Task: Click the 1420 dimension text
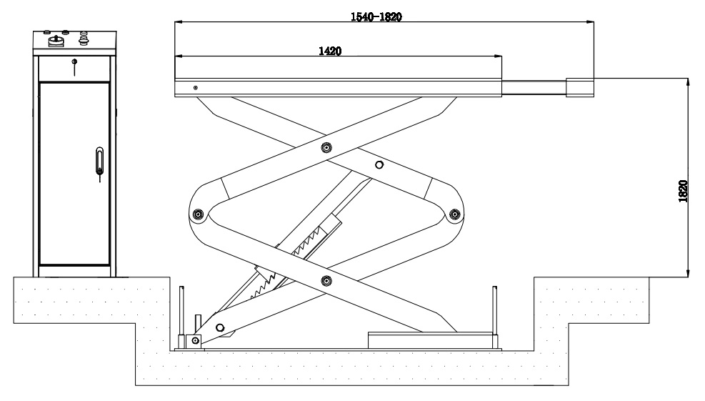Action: point(329,51)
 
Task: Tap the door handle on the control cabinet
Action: point(99,160)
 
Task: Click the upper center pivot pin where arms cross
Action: point(326,148)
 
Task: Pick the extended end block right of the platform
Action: point(579,86)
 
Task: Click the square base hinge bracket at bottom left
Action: point(193,341)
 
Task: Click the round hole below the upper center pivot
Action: point(379,165)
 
